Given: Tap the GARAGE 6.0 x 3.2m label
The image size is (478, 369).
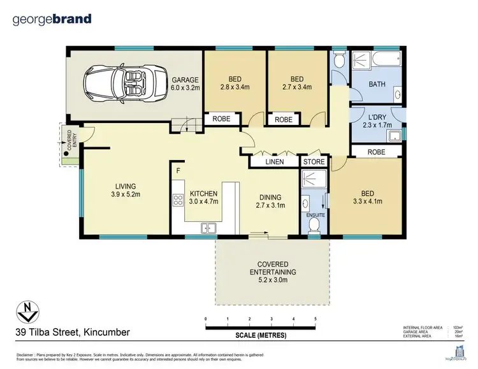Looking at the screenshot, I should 185,83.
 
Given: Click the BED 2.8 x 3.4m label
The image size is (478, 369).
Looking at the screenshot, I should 234,83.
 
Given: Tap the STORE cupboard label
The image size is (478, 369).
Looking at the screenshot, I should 314,162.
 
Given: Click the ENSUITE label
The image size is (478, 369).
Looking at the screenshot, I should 315,215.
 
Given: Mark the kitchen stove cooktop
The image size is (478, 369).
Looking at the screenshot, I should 178,201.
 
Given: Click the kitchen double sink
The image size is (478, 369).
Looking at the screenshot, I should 208,228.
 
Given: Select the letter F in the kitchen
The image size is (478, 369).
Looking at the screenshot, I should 178,171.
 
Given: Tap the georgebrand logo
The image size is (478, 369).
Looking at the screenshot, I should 52,19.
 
